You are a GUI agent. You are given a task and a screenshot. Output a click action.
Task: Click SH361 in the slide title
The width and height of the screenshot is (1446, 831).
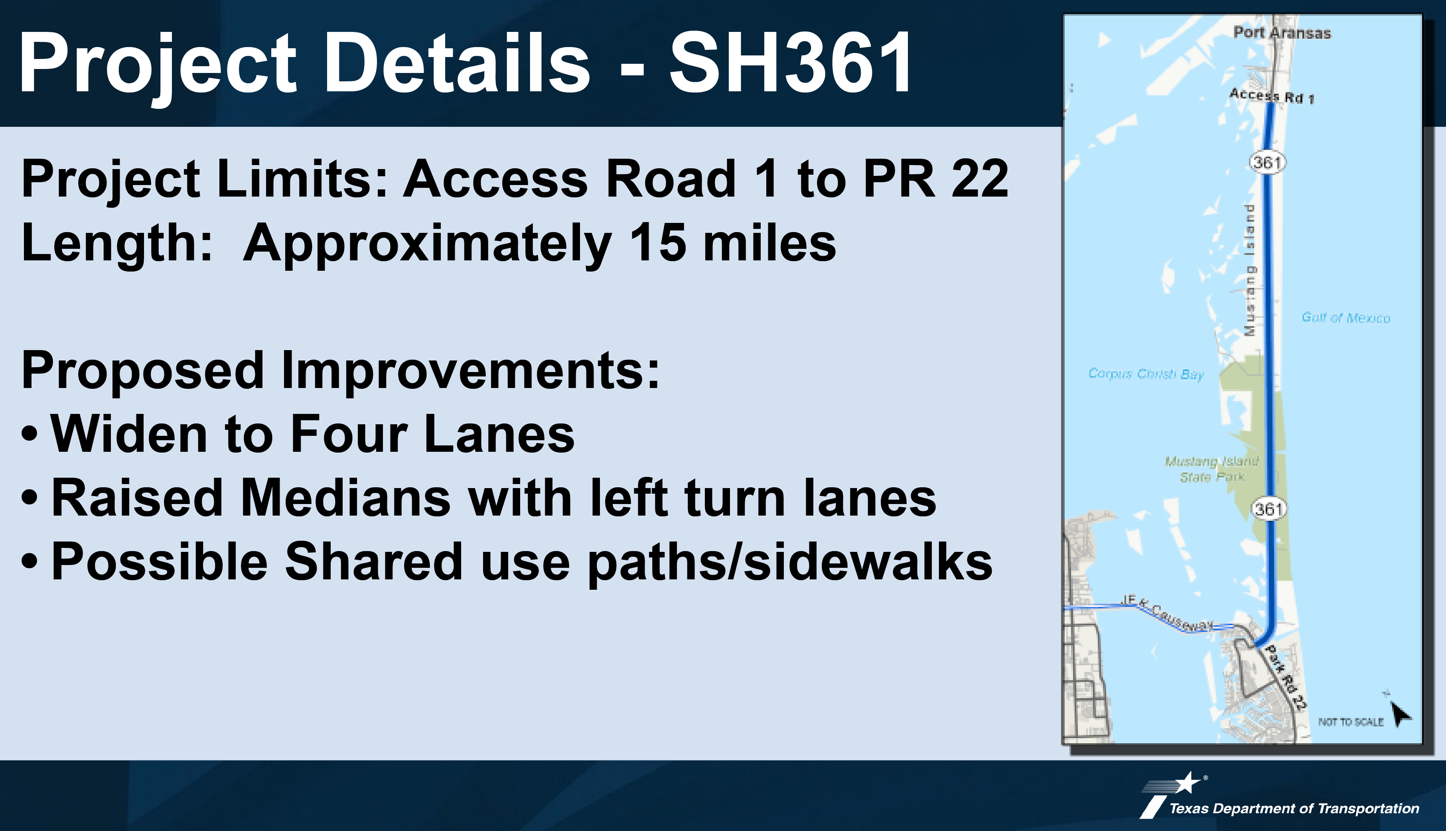[x=791, y=63]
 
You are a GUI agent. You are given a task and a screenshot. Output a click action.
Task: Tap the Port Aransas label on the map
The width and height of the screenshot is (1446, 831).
[x=1282, y=33]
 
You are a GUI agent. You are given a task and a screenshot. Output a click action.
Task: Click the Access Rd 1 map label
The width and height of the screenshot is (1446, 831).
[x=1271, y=96]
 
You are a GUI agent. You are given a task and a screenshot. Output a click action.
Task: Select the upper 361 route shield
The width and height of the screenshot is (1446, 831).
[x=1267, y=163]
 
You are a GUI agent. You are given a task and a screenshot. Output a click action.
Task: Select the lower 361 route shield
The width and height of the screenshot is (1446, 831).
[x=1268, y=508]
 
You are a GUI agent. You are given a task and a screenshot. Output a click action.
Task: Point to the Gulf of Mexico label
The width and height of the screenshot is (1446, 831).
[x=1345, y=317]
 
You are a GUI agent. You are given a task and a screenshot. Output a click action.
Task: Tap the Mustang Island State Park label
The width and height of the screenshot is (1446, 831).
[x=1211, y=469]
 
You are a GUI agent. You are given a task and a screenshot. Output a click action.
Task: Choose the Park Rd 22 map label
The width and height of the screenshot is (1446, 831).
[x=1286, y=678]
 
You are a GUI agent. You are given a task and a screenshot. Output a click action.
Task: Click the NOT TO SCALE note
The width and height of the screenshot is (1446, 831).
[x=1351, y=722]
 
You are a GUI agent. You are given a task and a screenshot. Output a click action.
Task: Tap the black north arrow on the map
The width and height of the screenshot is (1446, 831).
[x=1401, y=714]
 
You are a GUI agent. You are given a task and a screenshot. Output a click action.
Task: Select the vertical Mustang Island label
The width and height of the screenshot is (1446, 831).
[x=1250, y=270]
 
